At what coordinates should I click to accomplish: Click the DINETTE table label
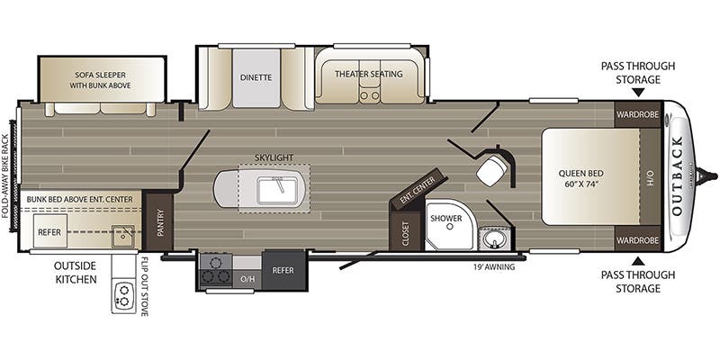[x=256, y=77]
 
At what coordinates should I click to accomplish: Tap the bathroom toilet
[x=493, y=169]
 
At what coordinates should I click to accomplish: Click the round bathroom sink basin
[x=493, y=238]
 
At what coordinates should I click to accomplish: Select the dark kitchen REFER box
[x=283, y=269]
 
